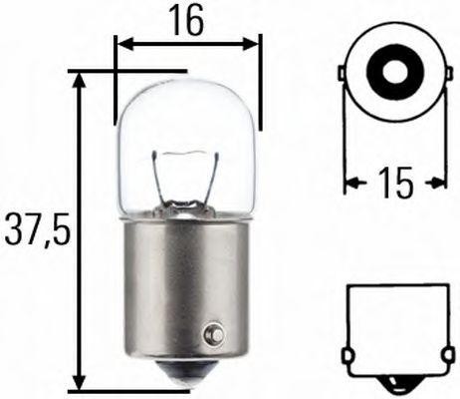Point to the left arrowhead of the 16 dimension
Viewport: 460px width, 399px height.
pyautogui.click(x=122, y=44)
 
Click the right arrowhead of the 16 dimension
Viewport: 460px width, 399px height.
pyautogui.click(x=254, y=44)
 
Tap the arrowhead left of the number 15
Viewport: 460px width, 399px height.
pyautogui.click(x=350, y=183)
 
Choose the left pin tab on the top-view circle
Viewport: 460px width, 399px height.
pyautogui.click(x=344, y=75)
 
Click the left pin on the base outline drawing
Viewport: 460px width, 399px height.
pyautogui.click(x=345, y=355)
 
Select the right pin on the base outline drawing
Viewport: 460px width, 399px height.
pyautogui.click(x=442, y=355)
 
